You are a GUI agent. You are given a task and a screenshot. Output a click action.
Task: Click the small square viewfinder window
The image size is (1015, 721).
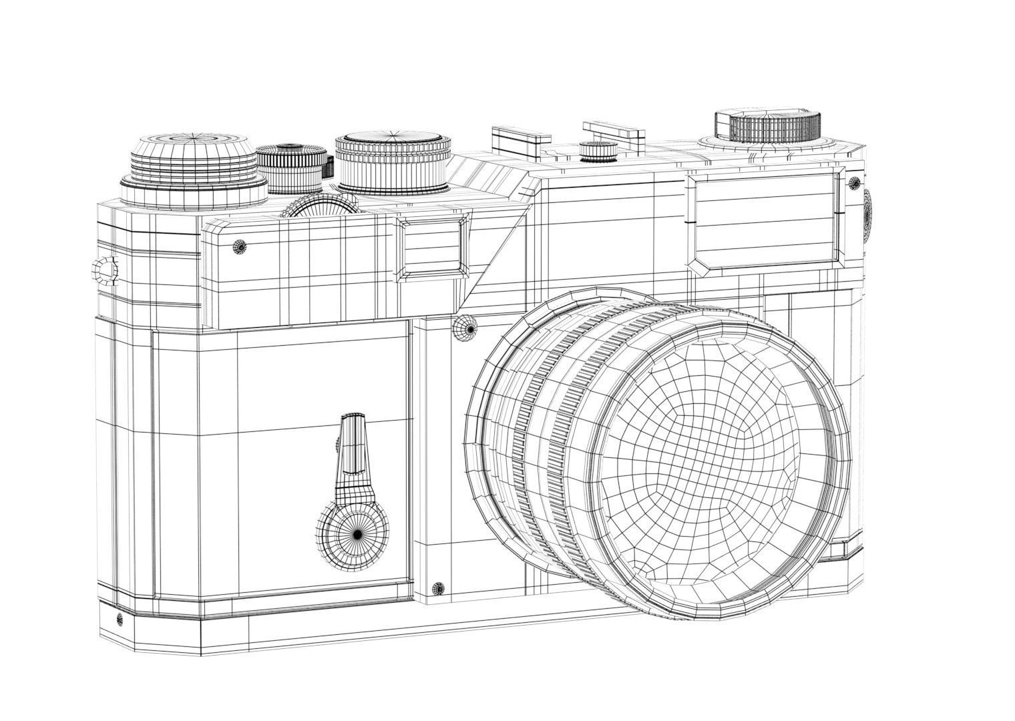pyautogui.click(x=431, y=248)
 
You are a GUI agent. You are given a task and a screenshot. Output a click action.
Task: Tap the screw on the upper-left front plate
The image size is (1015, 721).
pyautogui.click(x=240, y=246)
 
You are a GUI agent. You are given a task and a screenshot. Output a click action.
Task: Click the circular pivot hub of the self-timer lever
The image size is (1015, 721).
pyautogui.click(x=355, y=533)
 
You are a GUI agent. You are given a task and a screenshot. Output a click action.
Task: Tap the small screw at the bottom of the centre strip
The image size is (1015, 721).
pyautogui.click(x=438, y=588)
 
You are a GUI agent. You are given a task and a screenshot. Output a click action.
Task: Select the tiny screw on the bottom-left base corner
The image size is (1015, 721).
pyautogui.click(x=120, y=619)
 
